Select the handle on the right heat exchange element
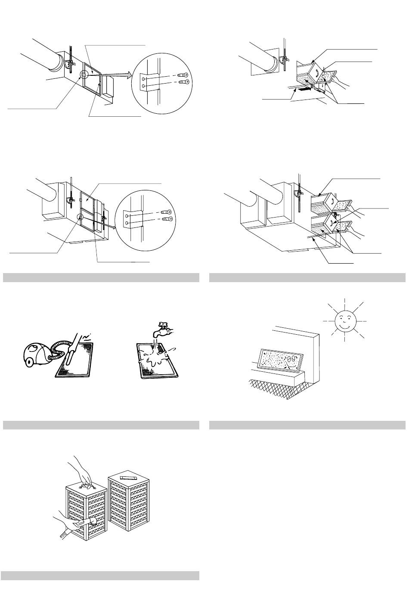[127, 478]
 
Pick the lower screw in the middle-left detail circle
[166, 219]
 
